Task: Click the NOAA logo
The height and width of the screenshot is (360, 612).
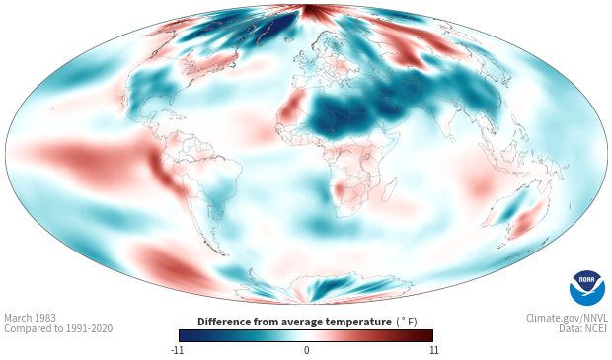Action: click(x=587, y=288)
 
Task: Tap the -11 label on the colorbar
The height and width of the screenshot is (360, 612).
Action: click(x=178, y=350)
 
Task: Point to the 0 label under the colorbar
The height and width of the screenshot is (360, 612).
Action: click(x=306, y=350)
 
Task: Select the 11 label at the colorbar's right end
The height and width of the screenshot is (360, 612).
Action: click(x=433, y=350)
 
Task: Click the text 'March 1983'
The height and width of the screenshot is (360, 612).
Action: click(x=30, y=318)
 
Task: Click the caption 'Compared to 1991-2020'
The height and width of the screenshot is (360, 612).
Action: click(x=58, y=328)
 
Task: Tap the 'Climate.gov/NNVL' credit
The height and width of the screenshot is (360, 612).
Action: click(x=567, y=318)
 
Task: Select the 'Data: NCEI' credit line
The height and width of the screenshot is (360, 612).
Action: click(x=583, y=328)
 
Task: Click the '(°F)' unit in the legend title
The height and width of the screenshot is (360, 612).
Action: click(x=407, y=323)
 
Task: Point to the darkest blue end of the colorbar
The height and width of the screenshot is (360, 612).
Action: click(x=184, y=335)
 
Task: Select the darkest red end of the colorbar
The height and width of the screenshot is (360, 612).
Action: click(x=428, y=335)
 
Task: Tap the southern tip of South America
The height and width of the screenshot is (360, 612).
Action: click(x=222, y=253)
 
